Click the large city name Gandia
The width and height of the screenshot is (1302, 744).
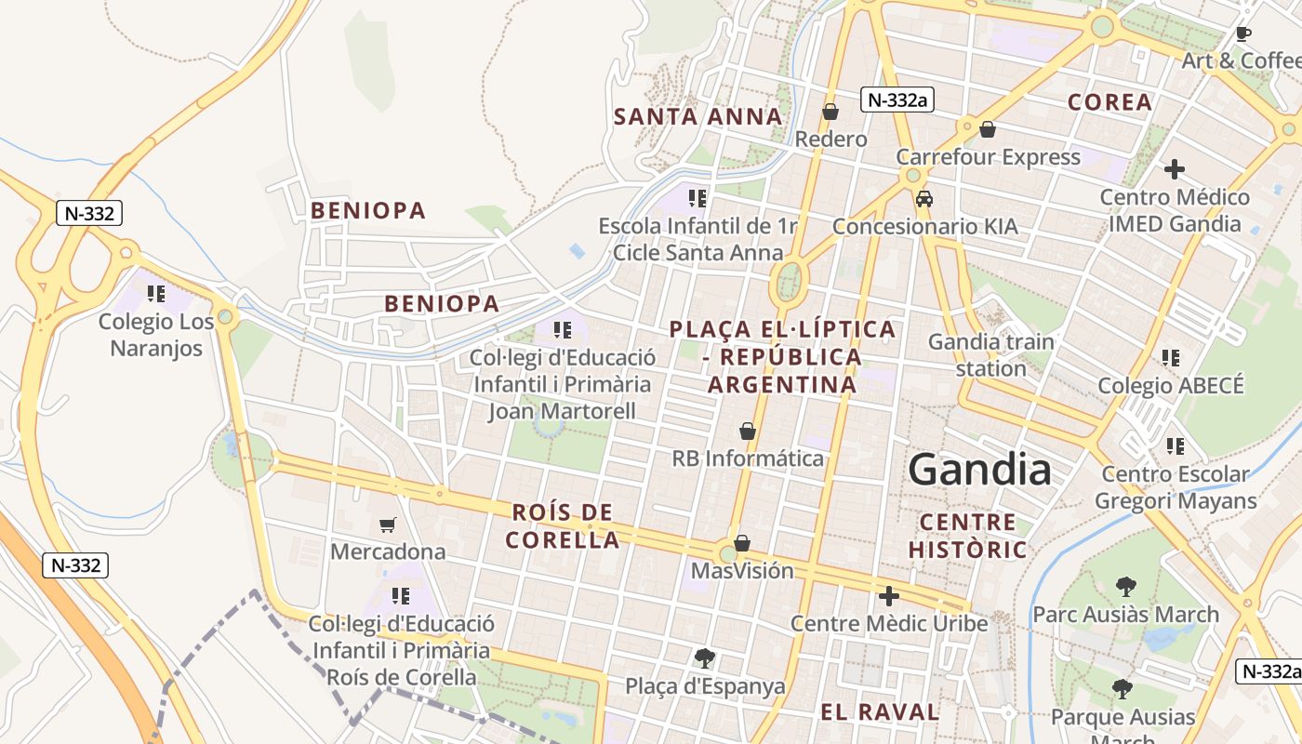point(979,470)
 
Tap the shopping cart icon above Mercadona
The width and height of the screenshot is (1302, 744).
point(388,525)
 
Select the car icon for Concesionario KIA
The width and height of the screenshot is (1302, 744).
point(924,199)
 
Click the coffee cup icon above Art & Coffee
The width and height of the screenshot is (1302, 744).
point(1242,34)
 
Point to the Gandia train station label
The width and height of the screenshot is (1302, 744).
point(990,354)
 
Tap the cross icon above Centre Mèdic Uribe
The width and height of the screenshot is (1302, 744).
point(889,595)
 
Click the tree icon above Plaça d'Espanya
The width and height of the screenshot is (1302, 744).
point(705,658)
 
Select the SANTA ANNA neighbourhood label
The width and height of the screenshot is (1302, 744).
point(697,116)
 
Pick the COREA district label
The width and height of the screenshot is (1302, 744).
point(1109,102)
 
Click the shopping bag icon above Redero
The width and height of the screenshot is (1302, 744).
point(830,112)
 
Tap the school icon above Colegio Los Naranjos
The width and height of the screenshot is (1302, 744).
point(156,294)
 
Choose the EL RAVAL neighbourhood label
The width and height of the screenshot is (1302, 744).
point(879,712)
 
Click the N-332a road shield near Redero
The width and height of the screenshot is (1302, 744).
point(897,100)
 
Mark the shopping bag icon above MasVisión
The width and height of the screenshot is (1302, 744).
point(742,542)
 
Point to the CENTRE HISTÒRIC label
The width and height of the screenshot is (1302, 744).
point(967,536)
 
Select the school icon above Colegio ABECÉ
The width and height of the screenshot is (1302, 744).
point(1170,357)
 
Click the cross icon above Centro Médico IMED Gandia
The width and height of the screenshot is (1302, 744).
point(1175,169)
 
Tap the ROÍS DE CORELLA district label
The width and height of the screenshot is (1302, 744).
point(562,525)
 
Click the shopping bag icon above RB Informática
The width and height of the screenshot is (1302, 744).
point(747,431)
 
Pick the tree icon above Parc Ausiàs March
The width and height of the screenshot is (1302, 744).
point(1125,587)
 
